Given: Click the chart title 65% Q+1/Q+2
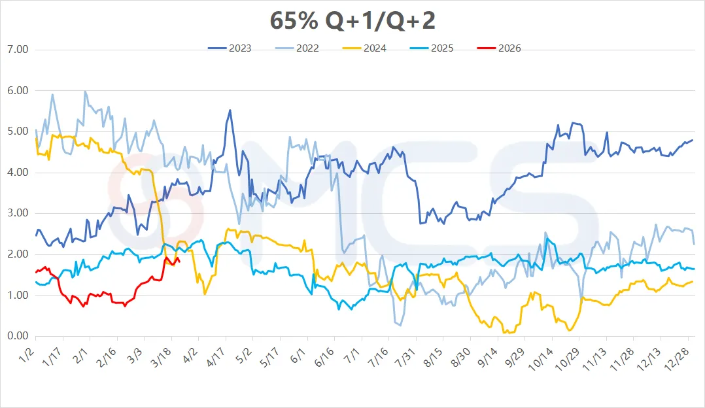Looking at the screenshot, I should tap(352, 21).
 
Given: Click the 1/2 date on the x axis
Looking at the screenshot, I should tap(28, 356).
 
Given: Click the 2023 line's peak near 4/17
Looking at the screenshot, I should tap(230, 110).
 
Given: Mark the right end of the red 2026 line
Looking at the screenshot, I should tap(179, 260).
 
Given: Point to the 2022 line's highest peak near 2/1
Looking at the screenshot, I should tap(85, 92).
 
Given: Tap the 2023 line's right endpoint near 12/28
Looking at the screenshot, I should tap(693, 140).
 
